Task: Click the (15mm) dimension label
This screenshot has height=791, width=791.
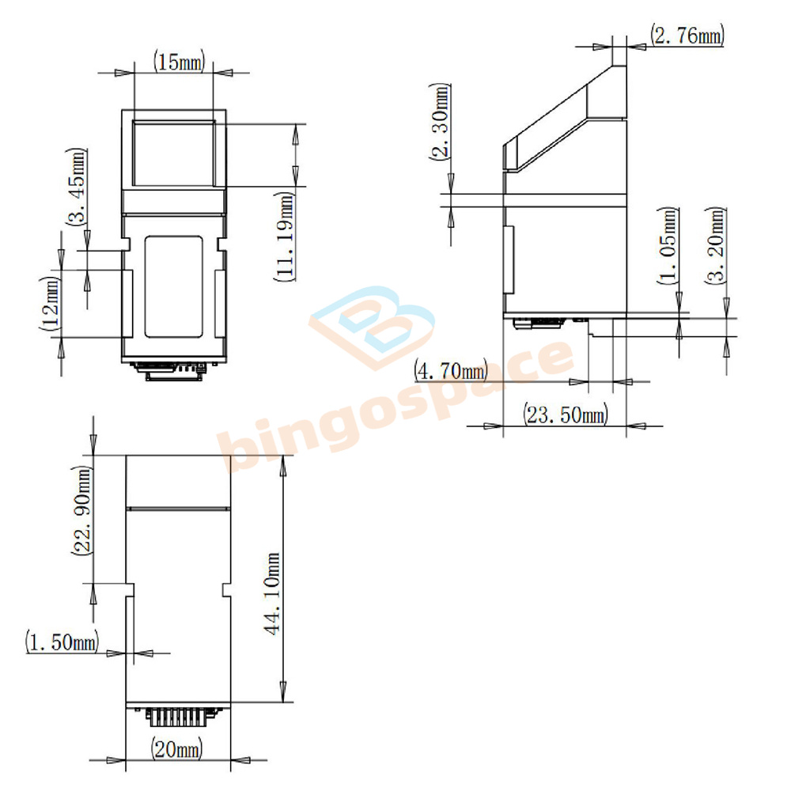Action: pyautogui.click(x=180, y=62)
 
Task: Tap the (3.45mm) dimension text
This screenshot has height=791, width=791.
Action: pyautogui.click(x=78, y=187)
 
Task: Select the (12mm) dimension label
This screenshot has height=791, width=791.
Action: pyautogui.click(x=51, y=303)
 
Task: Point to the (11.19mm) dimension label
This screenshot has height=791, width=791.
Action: pyautogui.click(x=285, y=236)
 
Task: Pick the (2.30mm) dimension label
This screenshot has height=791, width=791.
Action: pyautogui.click(x=440, y=122)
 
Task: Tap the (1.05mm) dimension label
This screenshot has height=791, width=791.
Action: pyautogui.click(x=668, y=246)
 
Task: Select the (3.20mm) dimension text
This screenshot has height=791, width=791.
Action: pyautogui.click(x=717, y=246)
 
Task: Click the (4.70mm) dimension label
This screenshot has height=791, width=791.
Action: pyautogui.click(x=451, y=371)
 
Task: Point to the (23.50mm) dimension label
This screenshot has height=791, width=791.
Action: pyautogui.click(x=566, y=414)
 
